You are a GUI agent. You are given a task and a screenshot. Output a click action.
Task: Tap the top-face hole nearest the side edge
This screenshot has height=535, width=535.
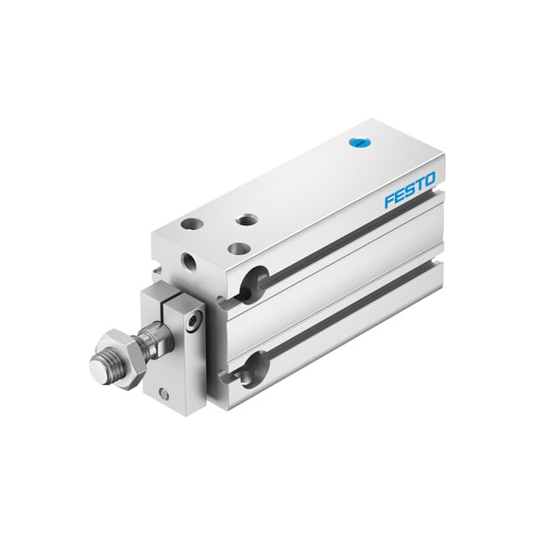click(238, 249)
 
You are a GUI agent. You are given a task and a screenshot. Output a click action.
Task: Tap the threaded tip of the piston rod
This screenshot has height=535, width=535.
click(101, 365)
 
